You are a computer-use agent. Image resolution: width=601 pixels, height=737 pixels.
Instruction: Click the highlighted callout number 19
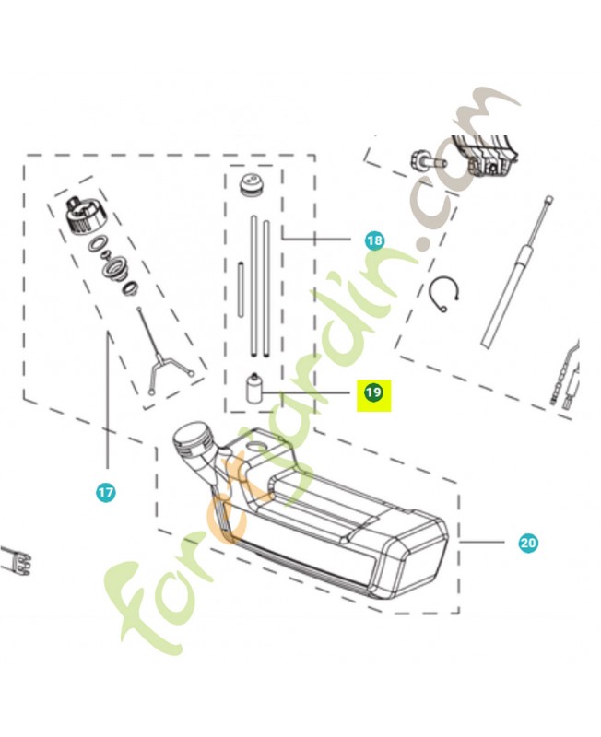click(373, 393)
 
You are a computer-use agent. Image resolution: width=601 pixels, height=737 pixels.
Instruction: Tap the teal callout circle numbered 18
click(373, 240)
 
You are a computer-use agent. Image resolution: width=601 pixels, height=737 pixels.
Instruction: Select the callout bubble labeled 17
click(106, 493)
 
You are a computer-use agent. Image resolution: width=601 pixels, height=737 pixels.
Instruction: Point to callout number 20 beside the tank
click(527, 543)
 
